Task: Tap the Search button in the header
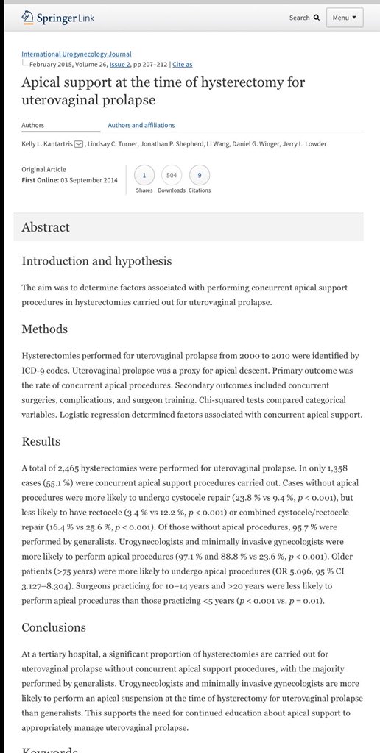304,18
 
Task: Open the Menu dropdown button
344,18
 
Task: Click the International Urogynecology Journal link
77,54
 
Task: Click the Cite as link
184,64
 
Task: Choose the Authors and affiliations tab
141,126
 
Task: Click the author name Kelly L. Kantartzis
52,143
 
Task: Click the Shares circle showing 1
144,175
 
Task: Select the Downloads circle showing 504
172,175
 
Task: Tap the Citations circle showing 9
199,175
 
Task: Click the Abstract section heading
46,227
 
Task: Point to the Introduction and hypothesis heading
96,261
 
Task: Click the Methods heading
44,329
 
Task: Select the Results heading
41,441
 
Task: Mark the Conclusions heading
54,627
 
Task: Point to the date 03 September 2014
88,180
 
